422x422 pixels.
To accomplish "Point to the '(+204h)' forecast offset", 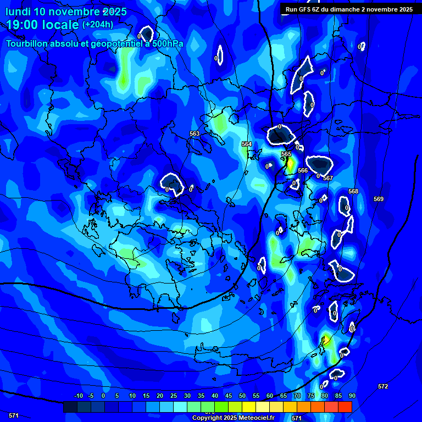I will [98, 24].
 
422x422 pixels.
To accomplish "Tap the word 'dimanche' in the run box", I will [345, 9].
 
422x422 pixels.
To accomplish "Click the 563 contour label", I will [195, 134].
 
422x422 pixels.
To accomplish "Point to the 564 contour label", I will [247, 144].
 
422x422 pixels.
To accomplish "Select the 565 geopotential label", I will [286, 154].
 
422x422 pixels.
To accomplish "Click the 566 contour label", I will [303, 171].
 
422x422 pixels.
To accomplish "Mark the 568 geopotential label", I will [353, 191].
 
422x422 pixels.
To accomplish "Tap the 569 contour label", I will [379, 199].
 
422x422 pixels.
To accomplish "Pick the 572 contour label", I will [383, 386].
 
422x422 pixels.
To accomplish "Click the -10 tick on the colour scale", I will [78, 396].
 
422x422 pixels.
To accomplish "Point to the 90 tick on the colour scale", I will [352, 396].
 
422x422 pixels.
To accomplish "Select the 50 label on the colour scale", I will [242, 396].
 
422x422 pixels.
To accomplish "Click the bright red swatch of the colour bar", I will [345, 407].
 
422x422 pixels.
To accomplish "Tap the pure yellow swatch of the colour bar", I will [248, 407].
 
